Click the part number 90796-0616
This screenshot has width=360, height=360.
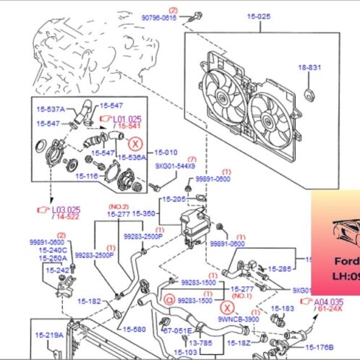point(158,17)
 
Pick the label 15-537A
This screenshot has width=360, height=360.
point(51,109)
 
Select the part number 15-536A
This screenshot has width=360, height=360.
point(132,156)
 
